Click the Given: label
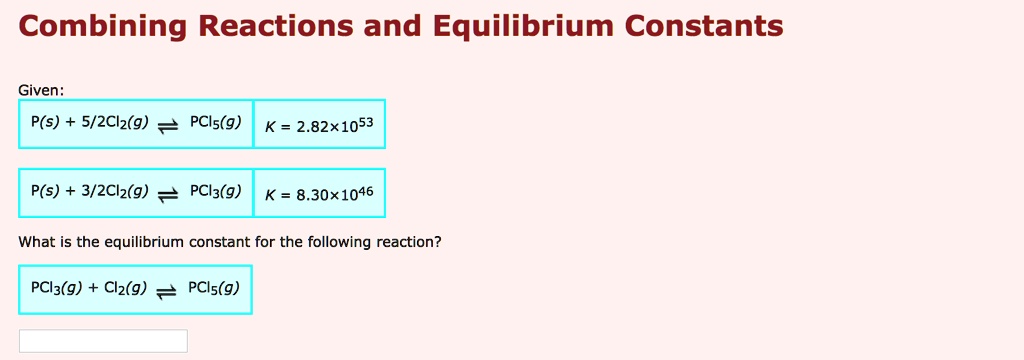[x=42, y=90]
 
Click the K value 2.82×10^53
[x=319, y=125]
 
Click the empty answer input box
[x=103, y=341]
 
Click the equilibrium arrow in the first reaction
[x=168, y=126]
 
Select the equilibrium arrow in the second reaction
[x=168, y=193]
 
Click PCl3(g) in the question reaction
[x=56, y=288]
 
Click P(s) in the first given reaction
[x=45, y=123]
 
